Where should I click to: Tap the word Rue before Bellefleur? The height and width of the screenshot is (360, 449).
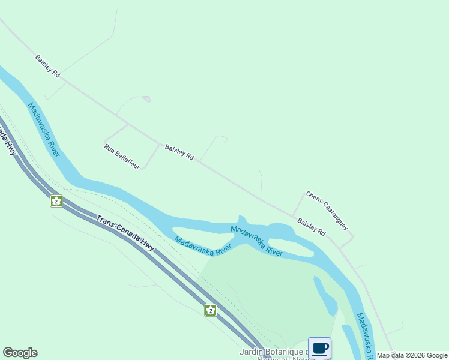(x=109, y=147)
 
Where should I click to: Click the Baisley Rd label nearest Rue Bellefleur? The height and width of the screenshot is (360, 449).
(x=179, y=152)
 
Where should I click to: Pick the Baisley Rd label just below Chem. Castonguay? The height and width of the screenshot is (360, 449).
(x=312, y=226)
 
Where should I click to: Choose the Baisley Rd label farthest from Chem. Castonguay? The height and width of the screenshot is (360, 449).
(x=48, y=66)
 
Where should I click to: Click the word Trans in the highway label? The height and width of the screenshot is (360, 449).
(x=106, y=223)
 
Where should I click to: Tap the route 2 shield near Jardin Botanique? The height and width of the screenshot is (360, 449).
(x=210, y=310)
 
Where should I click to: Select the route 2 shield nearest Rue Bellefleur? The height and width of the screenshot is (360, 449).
(x=56, y=201)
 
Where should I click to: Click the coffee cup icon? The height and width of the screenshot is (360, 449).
(x=319, y=348)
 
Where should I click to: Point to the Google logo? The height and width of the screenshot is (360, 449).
(x=20, y=353)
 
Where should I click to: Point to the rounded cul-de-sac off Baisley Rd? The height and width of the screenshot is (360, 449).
(x=221, y=139)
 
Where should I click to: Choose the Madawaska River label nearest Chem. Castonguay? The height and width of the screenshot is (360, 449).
(x=256, y=241)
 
